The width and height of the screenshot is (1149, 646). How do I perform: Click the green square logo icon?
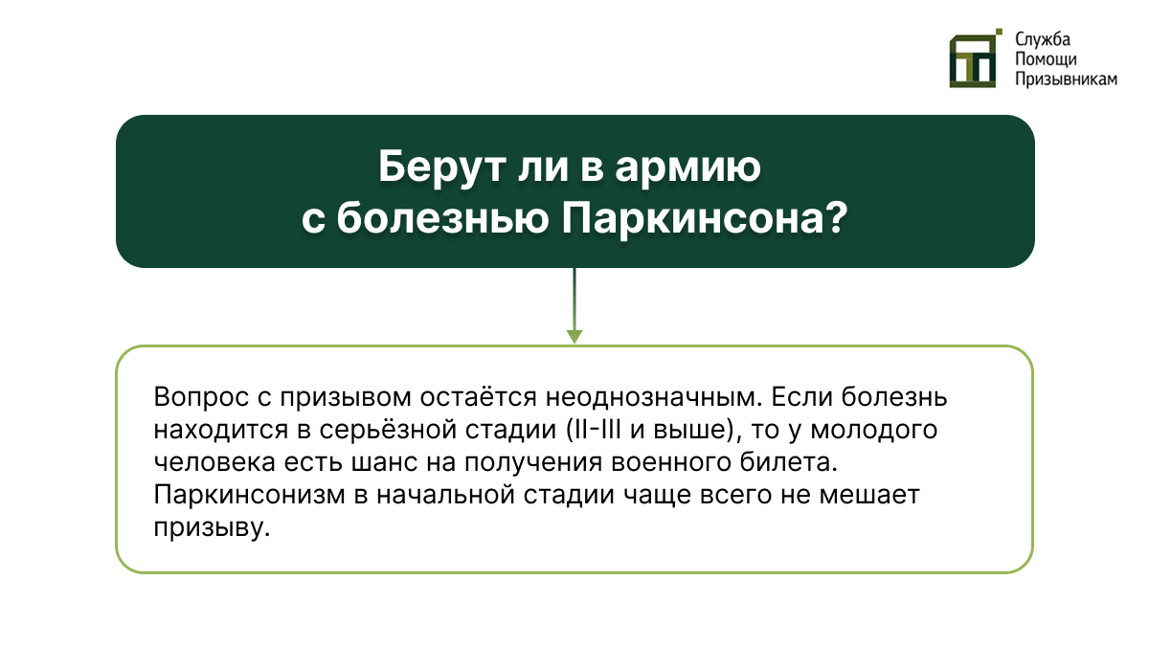[x=974, y=58]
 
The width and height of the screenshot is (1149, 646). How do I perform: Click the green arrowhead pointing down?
[x=574, y=336]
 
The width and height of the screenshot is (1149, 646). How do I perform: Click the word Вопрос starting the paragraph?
[x=196, y=397]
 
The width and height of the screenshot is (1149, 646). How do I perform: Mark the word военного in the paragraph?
[x=704, y=463]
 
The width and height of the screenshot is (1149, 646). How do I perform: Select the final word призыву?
[x=208, y=529]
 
